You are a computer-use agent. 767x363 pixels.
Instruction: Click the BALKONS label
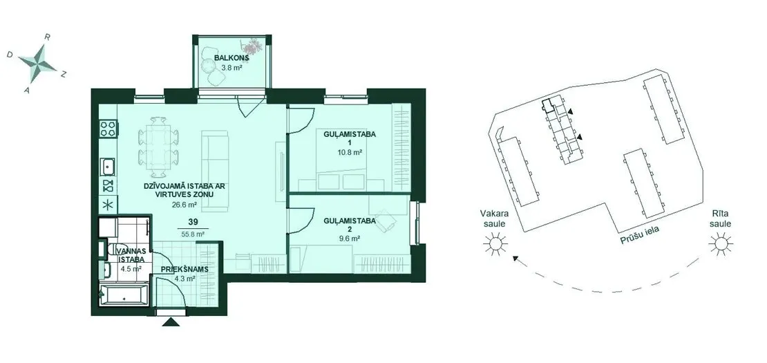232,58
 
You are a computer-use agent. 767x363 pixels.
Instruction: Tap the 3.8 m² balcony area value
232,68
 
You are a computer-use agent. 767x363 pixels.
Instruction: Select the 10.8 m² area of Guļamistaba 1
350,153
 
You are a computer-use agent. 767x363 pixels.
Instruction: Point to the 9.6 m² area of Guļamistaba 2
349,239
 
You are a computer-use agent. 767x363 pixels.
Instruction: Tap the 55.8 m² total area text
192,234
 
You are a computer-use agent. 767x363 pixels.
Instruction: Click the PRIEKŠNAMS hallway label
185,269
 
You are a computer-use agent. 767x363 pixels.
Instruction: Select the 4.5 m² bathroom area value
131,268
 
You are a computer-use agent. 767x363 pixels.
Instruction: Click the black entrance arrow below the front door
171,322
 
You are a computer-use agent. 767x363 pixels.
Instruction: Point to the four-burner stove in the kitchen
108,129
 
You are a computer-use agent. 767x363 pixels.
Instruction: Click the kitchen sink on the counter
108,167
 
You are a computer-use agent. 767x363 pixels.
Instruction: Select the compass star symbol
38,63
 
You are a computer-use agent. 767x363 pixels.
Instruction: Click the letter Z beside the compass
64,74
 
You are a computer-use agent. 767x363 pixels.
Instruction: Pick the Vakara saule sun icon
495,243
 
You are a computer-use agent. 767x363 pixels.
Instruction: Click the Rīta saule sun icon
720,243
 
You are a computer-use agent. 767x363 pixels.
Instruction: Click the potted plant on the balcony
254,46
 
